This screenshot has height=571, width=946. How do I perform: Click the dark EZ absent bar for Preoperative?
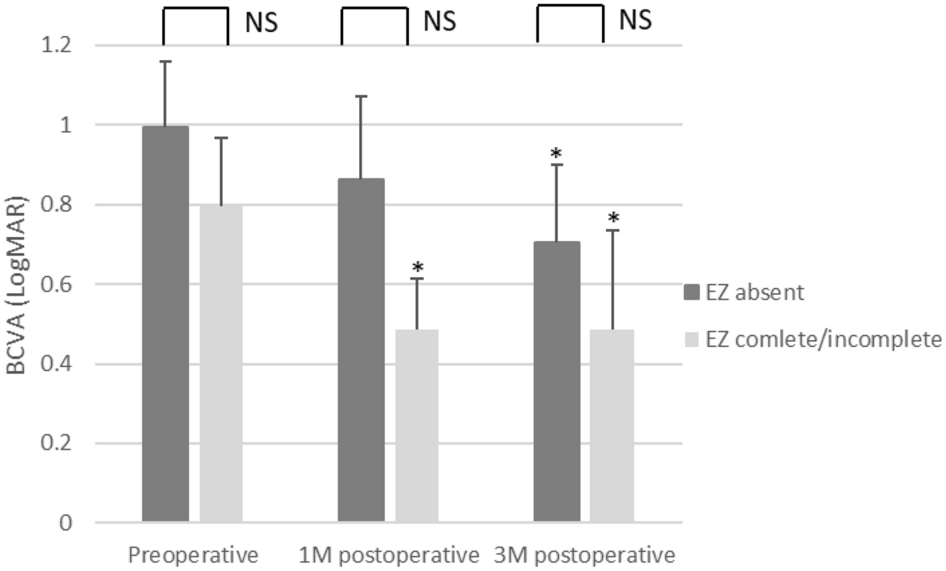click(165, 324)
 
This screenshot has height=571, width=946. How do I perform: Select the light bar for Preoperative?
click(220, 364)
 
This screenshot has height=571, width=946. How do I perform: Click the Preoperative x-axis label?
click(194, 554)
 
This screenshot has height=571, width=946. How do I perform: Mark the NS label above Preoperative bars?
click(261, 22)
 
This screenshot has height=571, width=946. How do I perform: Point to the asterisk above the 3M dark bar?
click(556, 152)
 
